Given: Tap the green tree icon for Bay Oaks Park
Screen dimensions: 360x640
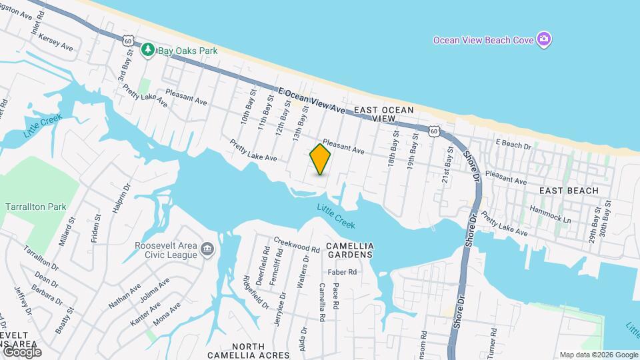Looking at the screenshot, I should pos(147,49).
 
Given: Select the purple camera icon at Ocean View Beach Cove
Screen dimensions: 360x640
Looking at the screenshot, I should pos(545,39).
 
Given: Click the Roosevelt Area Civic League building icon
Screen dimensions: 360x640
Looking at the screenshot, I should pos(207,249).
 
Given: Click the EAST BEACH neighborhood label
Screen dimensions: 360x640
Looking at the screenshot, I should pos(569,191).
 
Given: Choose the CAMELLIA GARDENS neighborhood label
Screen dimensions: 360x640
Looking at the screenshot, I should pos(350,246).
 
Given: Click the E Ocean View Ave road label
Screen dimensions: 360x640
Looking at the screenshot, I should pos(311,100).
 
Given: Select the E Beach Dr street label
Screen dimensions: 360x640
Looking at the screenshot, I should pos(513,145).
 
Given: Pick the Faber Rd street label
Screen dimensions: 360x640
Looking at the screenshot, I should pos(342,272).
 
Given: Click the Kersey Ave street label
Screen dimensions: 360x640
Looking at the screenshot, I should pos(57,43).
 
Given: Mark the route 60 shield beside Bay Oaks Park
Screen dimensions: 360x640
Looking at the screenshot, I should pos(128,41).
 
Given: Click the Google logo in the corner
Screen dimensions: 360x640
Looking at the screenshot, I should pos(21,351).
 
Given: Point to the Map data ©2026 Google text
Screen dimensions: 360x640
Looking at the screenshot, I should pos(599,355).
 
